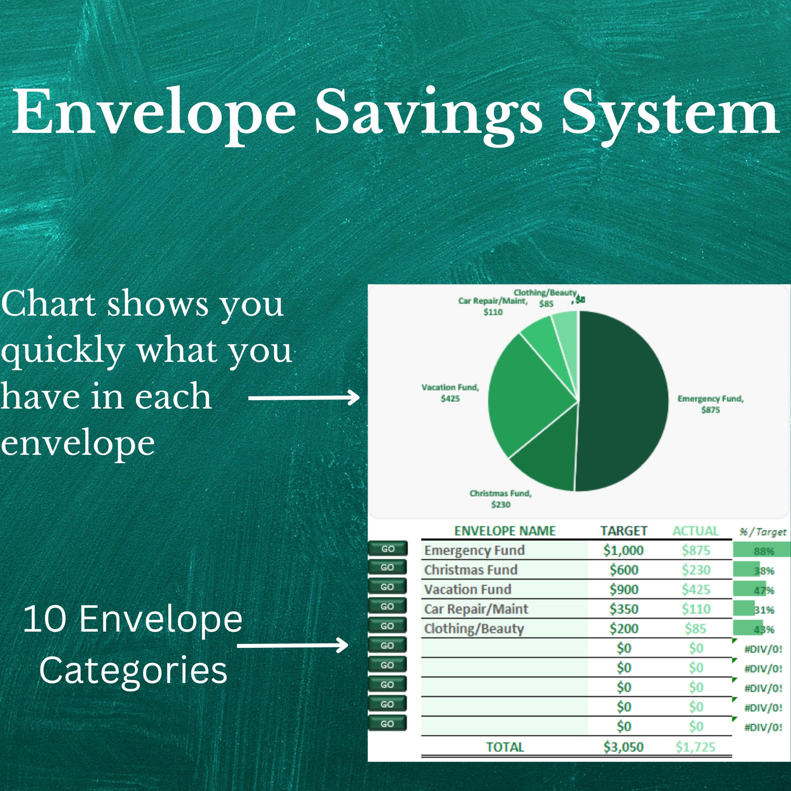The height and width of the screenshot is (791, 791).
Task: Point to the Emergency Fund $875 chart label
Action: coord(710,404)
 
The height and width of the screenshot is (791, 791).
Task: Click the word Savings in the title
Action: coord(428,113)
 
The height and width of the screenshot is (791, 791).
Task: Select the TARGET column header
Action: coord(623,531)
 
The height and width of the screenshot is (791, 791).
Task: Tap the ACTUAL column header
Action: coord(695,531)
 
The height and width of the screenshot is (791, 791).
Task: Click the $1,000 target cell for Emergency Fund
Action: coord(623,550)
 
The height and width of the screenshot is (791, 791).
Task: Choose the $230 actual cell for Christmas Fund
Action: coord(695,570)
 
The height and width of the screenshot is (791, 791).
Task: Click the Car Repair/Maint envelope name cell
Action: coord(476,609)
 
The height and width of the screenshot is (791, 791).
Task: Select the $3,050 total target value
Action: coord(623,747)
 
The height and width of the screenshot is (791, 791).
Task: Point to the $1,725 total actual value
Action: coord(695,747)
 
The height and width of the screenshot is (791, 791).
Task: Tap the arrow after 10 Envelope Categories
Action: coord(292,646)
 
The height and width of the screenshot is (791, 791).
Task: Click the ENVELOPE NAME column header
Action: coord(504,531)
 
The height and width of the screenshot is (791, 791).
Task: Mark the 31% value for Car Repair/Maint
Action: coord(764,610)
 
